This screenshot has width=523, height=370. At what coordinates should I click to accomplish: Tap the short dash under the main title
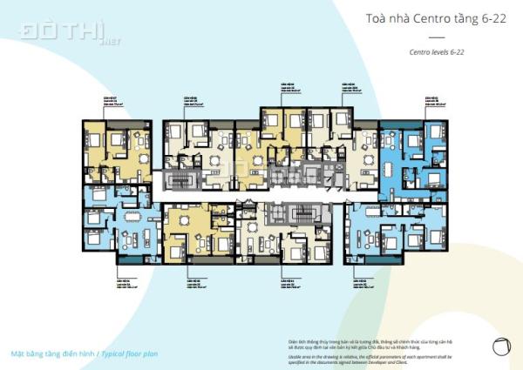coord(437,37)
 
